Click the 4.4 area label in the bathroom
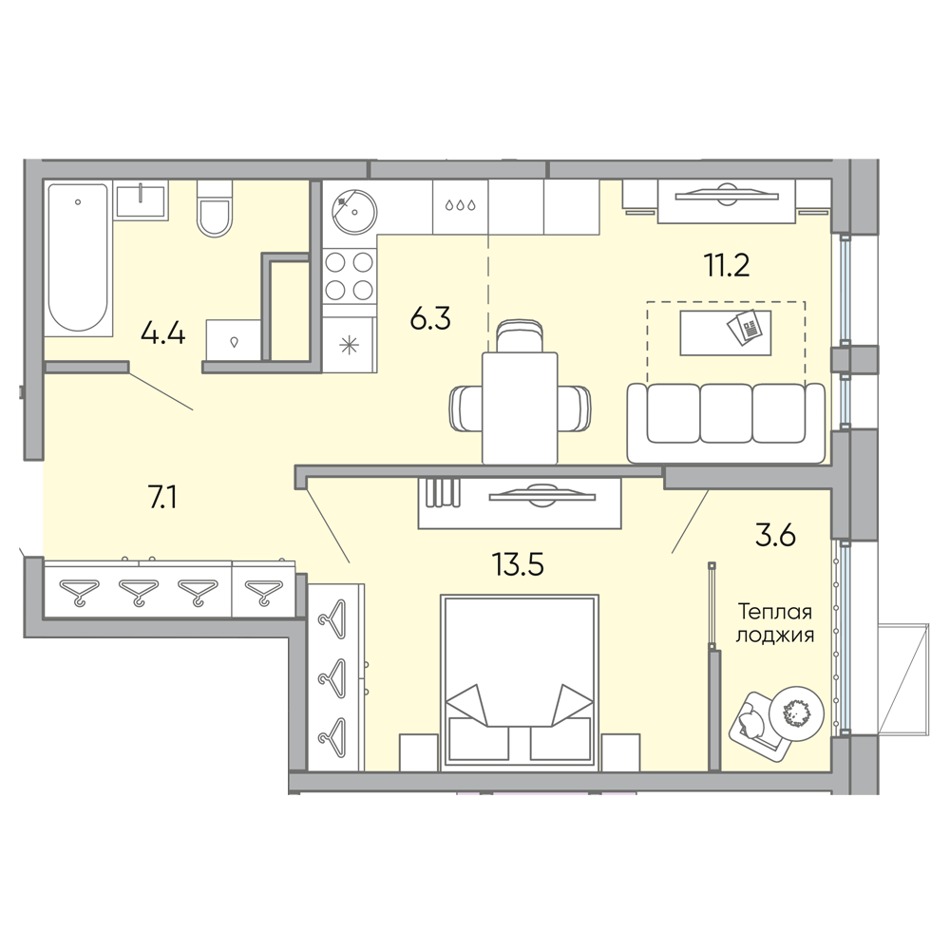(162, 332)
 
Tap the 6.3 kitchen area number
(430, 318)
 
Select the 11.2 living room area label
(727, 265)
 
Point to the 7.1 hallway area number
(162, 498)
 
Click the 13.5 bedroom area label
(518, 564)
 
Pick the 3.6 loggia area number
(775, 536)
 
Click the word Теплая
(775, 612)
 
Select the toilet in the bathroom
(215, 209)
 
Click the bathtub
(79, 258)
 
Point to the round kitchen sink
(354, 212)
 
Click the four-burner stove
(349, 276)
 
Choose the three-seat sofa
(727, 423)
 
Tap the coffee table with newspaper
(726, 332)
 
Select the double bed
(521, 682)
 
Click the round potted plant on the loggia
(796, 713)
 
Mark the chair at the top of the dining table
(520, 336)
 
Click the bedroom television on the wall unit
(542, 494)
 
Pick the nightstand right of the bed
(621, 751)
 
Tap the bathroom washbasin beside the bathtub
(141, 200)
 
